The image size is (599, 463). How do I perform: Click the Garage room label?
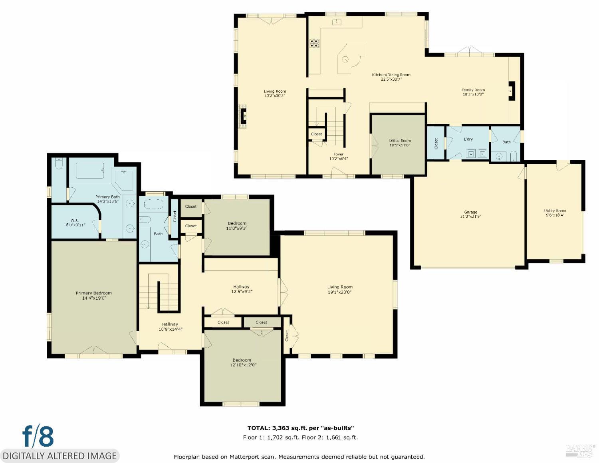pos(470,212)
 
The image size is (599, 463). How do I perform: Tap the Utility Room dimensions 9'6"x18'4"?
pos(555,215)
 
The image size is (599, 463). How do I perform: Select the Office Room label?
pos(400,141)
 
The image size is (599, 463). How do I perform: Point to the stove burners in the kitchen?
pos(314,43)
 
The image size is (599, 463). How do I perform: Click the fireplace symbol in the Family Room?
pos(511,91)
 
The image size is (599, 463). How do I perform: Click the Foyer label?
pos(338,154)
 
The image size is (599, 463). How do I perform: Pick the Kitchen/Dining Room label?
pos(391,75)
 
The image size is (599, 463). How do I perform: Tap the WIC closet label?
pos(75,220)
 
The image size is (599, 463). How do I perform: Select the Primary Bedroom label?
pos(93,293)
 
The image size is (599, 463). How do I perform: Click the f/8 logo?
pos(38,436)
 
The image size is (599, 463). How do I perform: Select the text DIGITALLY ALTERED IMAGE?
pos(60,456)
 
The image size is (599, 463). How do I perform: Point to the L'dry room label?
pos(468,139)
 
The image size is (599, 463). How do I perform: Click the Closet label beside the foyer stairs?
pos(316,134)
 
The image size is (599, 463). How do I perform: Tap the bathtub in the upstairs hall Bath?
pos(153,204)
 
